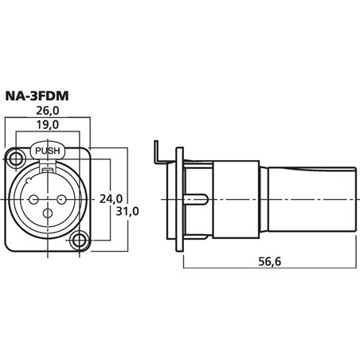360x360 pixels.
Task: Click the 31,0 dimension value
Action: coord(127,211)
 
